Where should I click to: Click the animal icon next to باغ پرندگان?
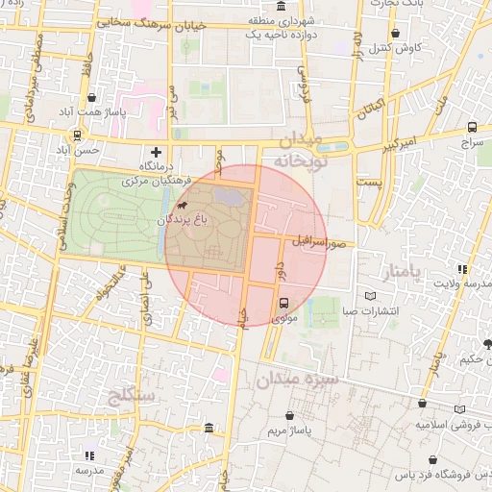point(183,205)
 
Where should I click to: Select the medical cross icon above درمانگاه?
point(156,152)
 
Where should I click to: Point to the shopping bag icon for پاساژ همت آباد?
point(90,97)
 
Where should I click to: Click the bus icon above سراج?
point(472,127)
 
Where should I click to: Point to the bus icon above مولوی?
point(283,303)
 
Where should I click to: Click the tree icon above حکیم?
point(487,344)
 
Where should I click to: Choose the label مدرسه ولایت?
point(464,283)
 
